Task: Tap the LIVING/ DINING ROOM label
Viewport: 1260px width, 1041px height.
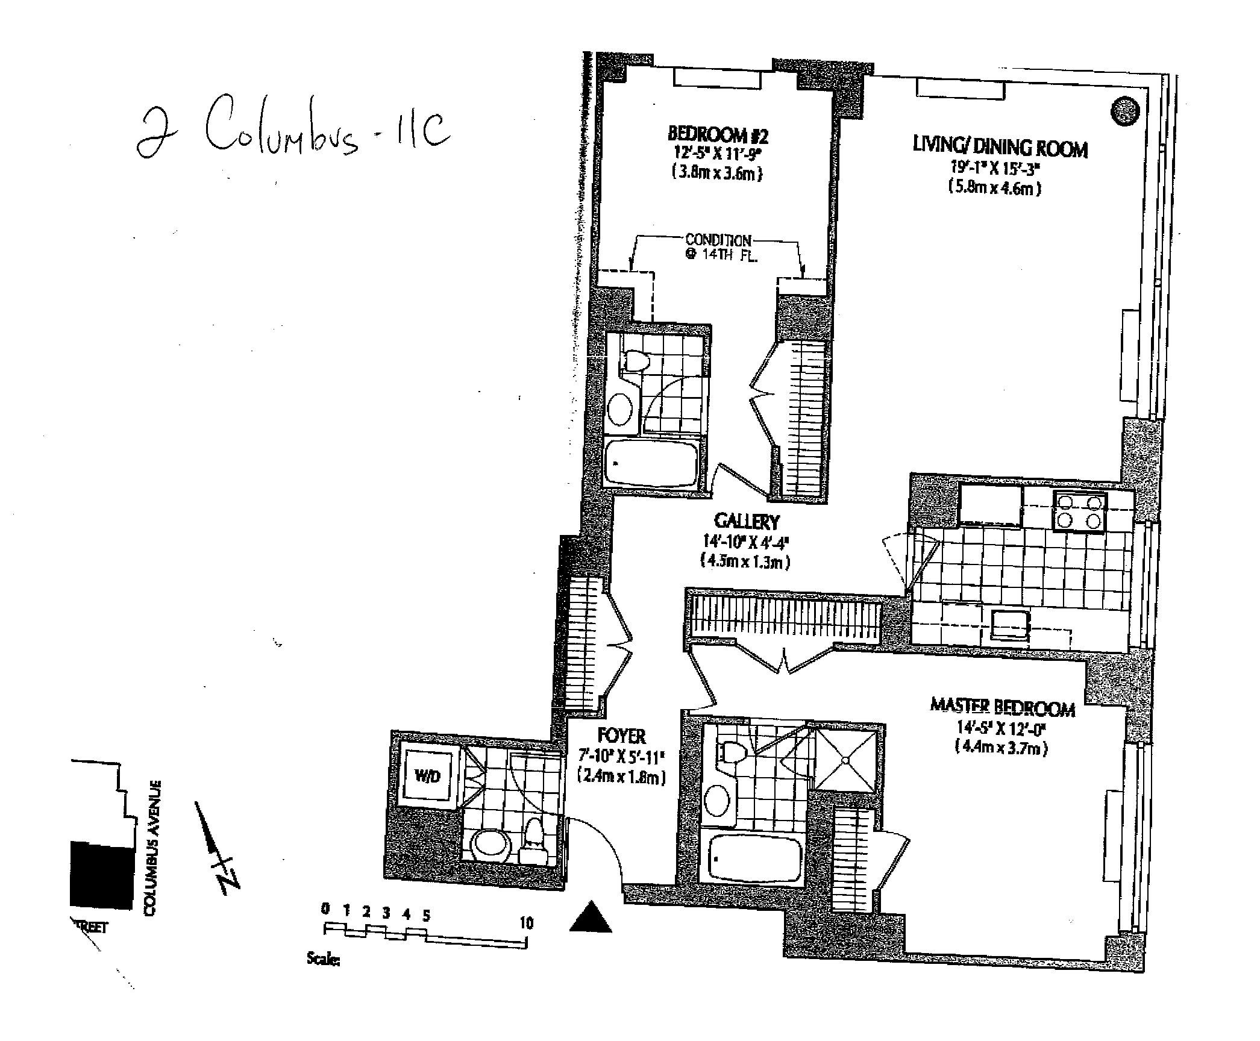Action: [x=1000, y=148]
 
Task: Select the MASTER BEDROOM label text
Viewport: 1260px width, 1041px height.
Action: [x=1003, y=708]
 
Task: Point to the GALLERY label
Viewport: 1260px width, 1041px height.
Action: [x=747, y=521]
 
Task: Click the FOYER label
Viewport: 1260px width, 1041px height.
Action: [x=622, y=736]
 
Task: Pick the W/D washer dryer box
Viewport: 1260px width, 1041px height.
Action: [x=428, y=776]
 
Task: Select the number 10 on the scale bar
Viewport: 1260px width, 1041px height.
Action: [x=527, y=923]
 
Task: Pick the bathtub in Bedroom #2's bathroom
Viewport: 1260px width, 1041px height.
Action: [x=651, y=462]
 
